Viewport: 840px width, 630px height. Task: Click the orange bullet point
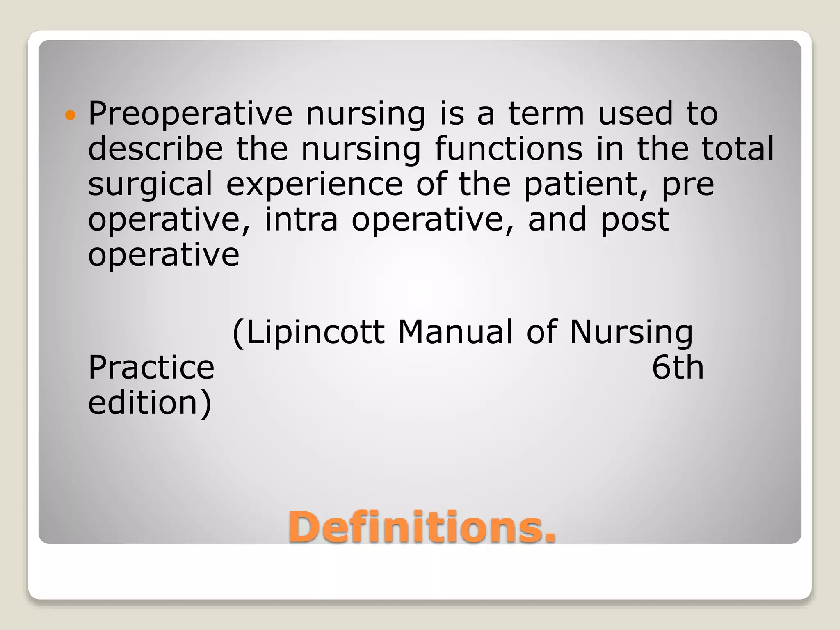[71, 116]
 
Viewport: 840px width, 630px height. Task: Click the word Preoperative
[190, 114]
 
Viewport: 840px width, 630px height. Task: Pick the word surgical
[150, 185]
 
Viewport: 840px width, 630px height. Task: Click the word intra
[301, 219]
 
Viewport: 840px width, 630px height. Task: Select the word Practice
[151, 367]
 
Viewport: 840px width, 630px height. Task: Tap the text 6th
[678, 367]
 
